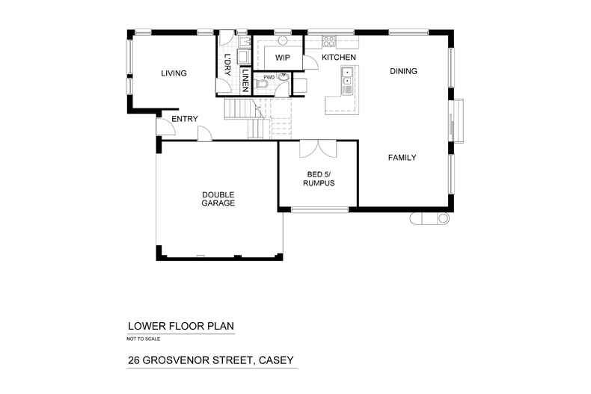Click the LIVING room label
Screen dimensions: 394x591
click(174, 73)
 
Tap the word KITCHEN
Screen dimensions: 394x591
click(338, 58)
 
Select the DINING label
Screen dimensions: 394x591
click(403, 72)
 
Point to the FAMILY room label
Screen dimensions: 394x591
click(402, 158)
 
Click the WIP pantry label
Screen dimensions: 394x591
click(282, 58)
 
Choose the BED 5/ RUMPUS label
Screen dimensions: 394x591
click(319, 179)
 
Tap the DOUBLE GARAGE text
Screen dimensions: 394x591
click(218, 199)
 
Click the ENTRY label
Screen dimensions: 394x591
click(184, 120)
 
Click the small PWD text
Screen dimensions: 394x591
click(268, 76)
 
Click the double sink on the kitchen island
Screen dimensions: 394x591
click(348, 77)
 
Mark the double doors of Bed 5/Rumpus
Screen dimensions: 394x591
click(319, 149)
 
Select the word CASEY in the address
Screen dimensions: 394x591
click(276, 360)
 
